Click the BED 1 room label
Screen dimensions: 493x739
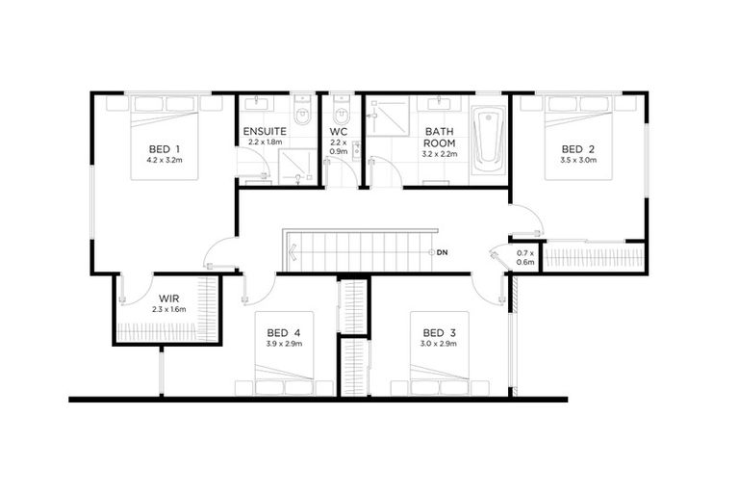click(165, 147)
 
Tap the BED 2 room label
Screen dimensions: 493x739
click(579, 148)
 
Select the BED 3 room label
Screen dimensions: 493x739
click(439, 332)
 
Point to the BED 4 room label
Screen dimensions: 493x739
click(284, 332)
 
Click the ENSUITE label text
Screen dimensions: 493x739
click(264, 130)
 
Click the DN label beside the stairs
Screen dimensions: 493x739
click(442, 252)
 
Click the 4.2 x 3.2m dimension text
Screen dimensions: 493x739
click(165, 160)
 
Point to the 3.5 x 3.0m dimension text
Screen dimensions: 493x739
click(579, 161)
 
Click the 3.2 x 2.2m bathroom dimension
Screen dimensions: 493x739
click(439, 154)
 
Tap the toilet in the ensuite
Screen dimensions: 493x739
click(301, 115)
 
